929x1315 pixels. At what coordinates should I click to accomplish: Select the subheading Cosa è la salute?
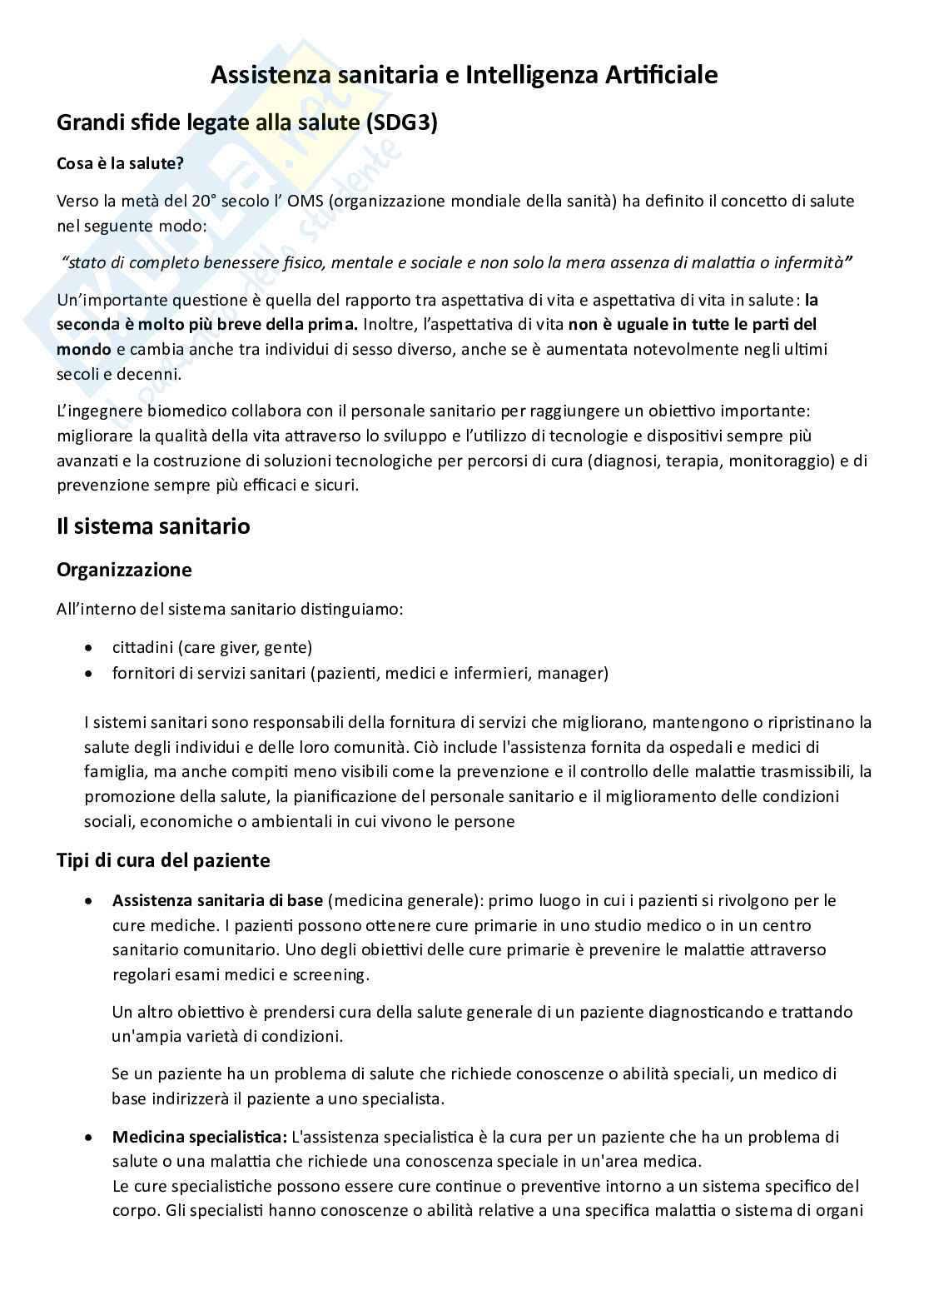coord(120,163)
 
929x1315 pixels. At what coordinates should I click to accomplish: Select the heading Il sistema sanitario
coord(153,526)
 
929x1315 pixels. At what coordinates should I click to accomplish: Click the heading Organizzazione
coord(124,570)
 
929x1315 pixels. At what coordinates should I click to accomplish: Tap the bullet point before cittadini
coord(89,648)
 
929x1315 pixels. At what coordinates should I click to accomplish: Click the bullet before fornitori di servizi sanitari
coord(89,674)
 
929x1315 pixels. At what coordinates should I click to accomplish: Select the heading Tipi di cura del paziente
coord(163,860)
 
